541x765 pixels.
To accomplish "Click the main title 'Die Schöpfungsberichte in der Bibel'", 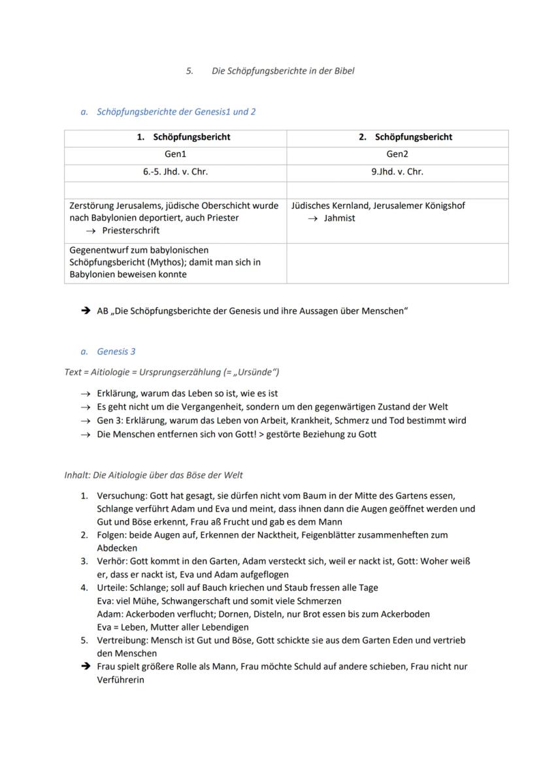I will pos(283,71).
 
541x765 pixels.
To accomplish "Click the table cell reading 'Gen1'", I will pos(175,154).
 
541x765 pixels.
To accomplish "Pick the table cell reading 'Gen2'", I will pos(397,154).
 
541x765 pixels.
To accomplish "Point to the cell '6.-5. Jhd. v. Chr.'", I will pos(175,172).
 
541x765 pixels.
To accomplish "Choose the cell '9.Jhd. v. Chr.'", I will pos(397,172).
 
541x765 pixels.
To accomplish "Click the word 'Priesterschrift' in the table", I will pos(131,231).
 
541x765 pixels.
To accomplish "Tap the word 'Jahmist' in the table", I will pos(340,218).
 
